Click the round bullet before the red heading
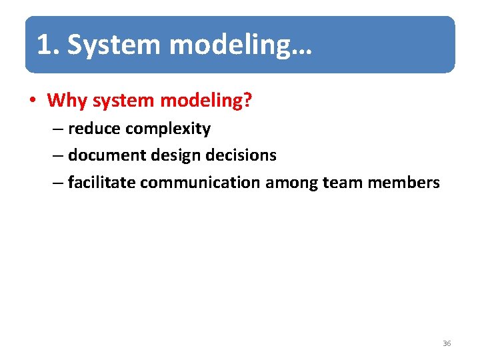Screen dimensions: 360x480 click(31, 101)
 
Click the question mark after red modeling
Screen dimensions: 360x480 click(247, 101)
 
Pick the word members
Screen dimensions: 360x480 click(403, 182)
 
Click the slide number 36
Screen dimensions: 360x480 click(447, 343)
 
